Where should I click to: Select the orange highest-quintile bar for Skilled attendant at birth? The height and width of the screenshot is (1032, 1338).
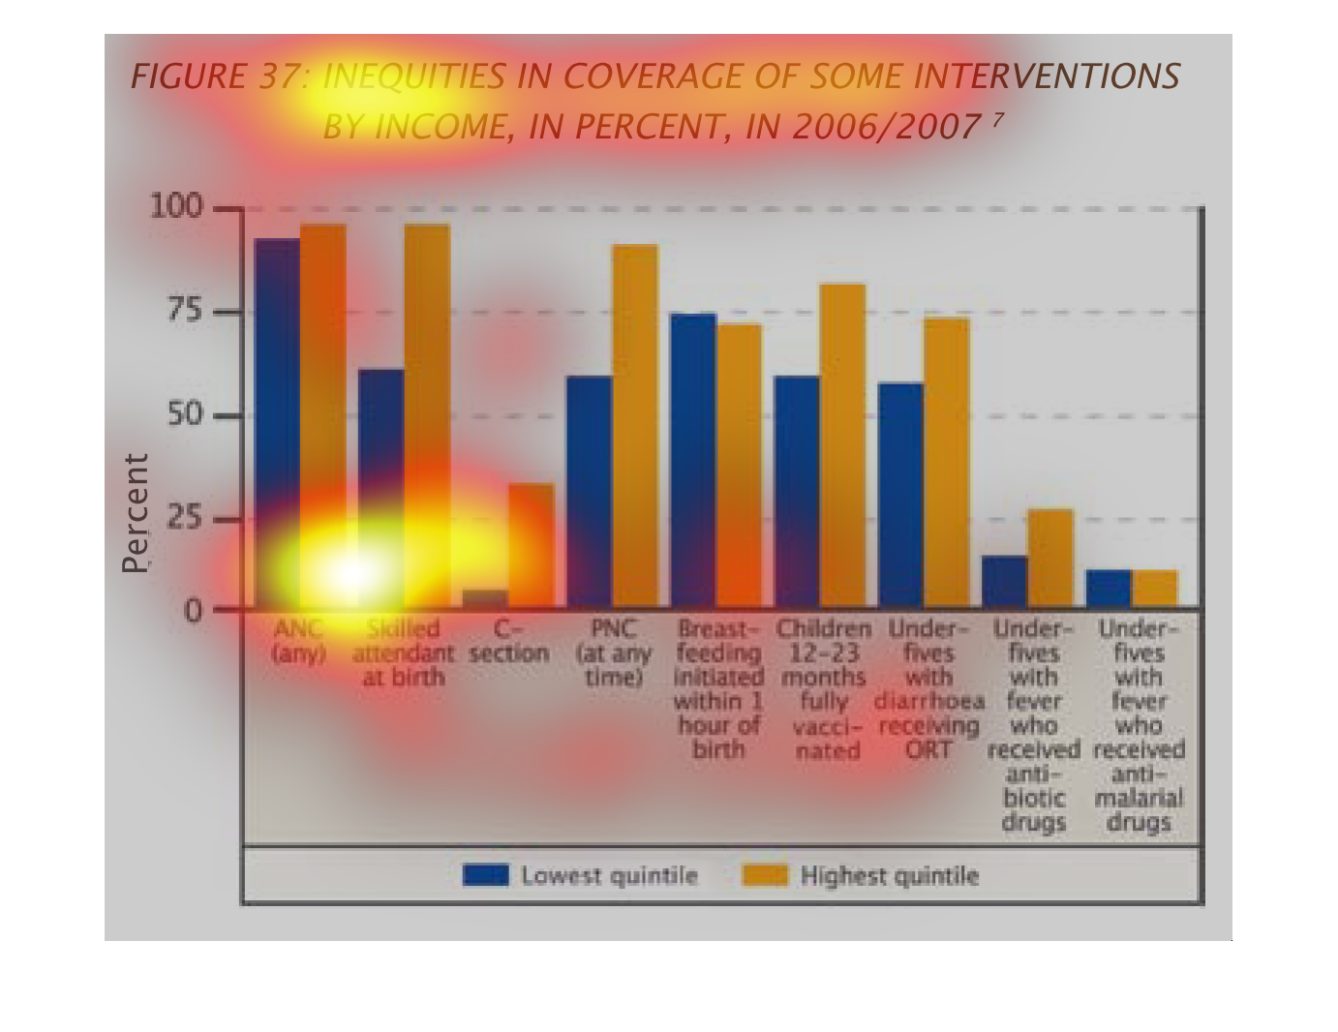[427, 416]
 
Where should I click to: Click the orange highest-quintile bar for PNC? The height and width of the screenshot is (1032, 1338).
[635, 426]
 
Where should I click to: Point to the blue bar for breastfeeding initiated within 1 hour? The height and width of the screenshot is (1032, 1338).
[693, 461]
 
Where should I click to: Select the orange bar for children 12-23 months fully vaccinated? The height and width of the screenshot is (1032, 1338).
[842, 445]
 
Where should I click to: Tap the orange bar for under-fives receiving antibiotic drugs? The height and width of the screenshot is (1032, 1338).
[1050, 559]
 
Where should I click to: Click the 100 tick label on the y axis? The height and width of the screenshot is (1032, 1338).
[175, 206]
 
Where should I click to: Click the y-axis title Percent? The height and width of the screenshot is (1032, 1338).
[137, 513]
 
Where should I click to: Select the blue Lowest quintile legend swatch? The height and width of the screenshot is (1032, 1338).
[485, 875]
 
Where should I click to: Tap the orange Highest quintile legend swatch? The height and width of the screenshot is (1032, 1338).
[765, 875]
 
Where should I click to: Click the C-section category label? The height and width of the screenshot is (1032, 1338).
[509, 641]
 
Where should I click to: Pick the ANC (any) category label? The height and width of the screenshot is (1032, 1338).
[299, 641]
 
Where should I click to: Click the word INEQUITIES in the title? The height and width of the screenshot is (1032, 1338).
[413, 76]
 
